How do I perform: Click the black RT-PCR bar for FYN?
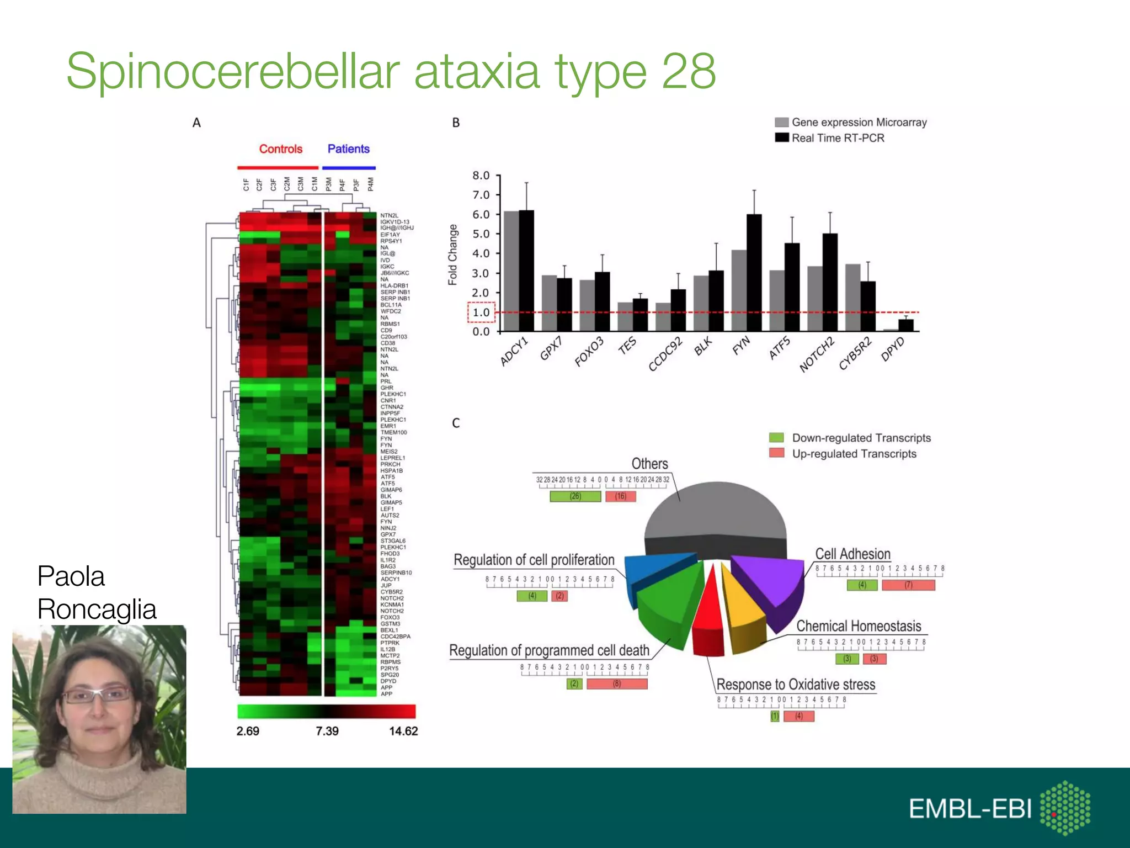pos(754,273)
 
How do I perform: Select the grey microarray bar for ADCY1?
pos(511,271)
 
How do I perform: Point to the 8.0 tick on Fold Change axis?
pos(481,176)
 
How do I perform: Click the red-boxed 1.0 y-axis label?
pos(481,312)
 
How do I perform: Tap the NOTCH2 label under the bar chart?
pos(817,354)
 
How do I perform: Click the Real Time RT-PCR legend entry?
pos(838,138)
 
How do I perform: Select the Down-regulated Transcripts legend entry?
pos(861,438)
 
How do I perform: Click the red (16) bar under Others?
pos(621,496)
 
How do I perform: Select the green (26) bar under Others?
pos(575,496)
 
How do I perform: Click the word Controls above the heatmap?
pos(281,149)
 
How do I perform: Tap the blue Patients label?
pos(348,149)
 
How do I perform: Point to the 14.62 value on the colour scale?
pos(403,731)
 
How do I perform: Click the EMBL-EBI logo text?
pos(970,809)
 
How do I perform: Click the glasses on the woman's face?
pos(98,695)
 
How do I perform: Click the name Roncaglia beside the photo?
pos(97,609)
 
